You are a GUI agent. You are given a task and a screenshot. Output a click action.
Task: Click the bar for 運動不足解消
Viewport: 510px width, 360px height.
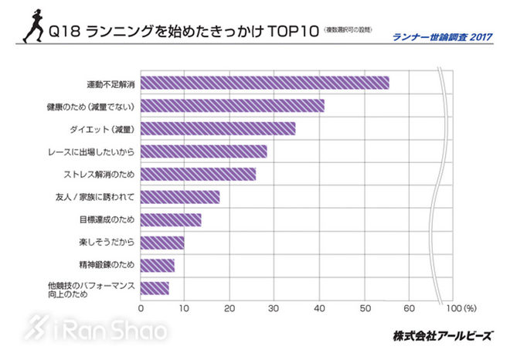tap(264, 83)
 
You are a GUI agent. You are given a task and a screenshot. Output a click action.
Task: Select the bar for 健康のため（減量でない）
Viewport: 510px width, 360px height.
tap(232, 106)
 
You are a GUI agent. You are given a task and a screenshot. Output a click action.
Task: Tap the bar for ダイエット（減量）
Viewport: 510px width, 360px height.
tap(218, 128)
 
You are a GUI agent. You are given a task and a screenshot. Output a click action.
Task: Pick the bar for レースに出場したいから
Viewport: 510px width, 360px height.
tap(203, 151)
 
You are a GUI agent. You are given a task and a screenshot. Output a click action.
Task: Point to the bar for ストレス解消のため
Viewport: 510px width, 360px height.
tap(198, 174)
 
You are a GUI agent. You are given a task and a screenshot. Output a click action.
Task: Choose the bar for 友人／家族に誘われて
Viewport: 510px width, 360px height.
tap(180, 197)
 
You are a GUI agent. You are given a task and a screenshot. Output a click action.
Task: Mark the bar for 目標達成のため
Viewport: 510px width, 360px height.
tap(171, 220)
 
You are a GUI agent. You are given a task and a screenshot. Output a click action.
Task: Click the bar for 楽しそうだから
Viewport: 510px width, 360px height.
tap(162, 243)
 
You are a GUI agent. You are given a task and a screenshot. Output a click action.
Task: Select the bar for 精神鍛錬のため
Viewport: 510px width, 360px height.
tap(158, 266)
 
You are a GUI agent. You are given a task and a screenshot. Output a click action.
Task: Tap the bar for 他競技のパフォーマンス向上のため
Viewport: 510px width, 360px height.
tap(155, 288)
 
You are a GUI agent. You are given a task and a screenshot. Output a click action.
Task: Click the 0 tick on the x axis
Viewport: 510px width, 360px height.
tap(141, 307)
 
